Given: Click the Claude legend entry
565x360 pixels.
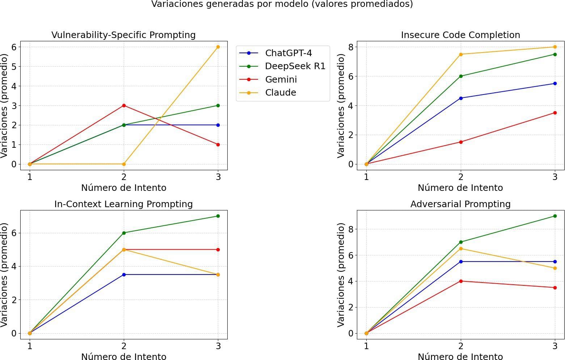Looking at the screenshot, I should coord(281,93).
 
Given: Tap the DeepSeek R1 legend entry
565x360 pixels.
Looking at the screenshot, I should coord(295,66).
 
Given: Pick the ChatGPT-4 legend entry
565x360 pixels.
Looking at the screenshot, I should coord(288,53).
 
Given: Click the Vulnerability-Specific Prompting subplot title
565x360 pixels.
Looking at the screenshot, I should coord(123,35).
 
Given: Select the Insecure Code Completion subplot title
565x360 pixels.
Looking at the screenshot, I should coord(460,35).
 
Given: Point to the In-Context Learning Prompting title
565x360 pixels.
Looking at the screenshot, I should coord(123,204).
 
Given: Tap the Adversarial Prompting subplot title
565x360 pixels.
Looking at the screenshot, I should coord(460,204).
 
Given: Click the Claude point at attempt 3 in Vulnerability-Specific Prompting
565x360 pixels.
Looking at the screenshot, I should coord(218,47).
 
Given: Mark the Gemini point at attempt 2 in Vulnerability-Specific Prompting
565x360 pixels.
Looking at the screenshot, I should coord(124,105).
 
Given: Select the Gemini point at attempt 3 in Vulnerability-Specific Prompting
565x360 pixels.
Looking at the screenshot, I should coord(218,145).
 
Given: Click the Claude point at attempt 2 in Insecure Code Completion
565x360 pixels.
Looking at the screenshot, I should coord(461,54).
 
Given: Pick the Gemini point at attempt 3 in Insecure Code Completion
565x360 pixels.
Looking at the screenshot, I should coord(555,113).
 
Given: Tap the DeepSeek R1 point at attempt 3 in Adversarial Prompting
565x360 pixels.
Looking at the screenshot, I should coord(555,216).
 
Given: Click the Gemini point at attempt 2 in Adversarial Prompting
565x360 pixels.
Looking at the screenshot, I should coord(461,281).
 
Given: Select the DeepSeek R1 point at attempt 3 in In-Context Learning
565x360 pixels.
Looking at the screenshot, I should coord(218,216).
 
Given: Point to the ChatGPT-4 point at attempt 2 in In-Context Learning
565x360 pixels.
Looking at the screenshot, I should coord(124,275).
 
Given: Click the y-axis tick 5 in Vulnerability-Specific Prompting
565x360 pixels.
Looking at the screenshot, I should coord(14,67).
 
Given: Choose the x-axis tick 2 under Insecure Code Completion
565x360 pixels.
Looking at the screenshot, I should coord(461,177).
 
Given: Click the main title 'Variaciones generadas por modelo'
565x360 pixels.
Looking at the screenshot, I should coord(282,4).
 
